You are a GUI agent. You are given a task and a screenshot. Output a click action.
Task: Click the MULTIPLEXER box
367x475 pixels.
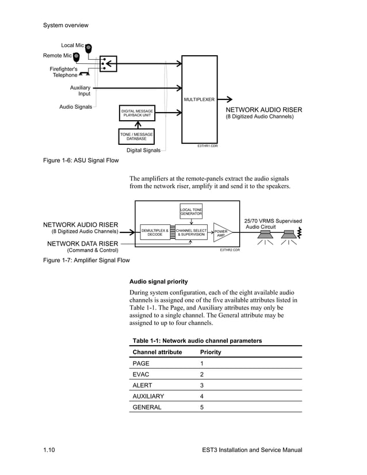coord(199,99)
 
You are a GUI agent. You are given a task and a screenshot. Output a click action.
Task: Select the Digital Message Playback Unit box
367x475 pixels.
coord(136,113)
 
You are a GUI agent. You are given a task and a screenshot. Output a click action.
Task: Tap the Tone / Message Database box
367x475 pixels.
coord(136,136)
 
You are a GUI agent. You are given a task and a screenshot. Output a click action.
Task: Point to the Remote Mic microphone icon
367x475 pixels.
coord(77,56)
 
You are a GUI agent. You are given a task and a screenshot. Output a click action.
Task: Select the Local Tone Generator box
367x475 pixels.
coord(191,212)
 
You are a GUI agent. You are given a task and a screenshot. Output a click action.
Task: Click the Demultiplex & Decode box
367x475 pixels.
coord(155,232)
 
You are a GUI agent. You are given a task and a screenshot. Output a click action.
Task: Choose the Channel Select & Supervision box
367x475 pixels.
coord(191,232)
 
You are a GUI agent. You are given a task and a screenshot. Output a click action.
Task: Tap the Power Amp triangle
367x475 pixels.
coord(221,233)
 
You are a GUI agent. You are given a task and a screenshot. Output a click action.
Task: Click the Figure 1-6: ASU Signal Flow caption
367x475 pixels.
coord(81,160)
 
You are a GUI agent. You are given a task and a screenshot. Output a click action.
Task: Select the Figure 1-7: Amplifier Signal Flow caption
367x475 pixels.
coord(86,260)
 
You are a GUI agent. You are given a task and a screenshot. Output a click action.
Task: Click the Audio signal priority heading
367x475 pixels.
coord(158,281)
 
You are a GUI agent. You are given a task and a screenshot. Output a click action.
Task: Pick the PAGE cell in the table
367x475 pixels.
coord(141,364)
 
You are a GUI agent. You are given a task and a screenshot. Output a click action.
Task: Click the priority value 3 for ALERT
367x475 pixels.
coord(202,385)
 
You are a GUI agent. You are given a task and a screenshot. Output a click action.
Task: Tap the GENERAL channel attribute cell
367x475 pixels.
coord(147,407)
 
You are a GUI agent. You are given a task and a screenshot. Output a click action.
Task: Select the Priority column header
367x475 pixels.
coord(210,352)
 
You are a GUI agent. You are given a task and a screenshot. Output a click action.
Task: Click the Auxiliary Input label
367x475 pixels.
coord(80,90)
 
